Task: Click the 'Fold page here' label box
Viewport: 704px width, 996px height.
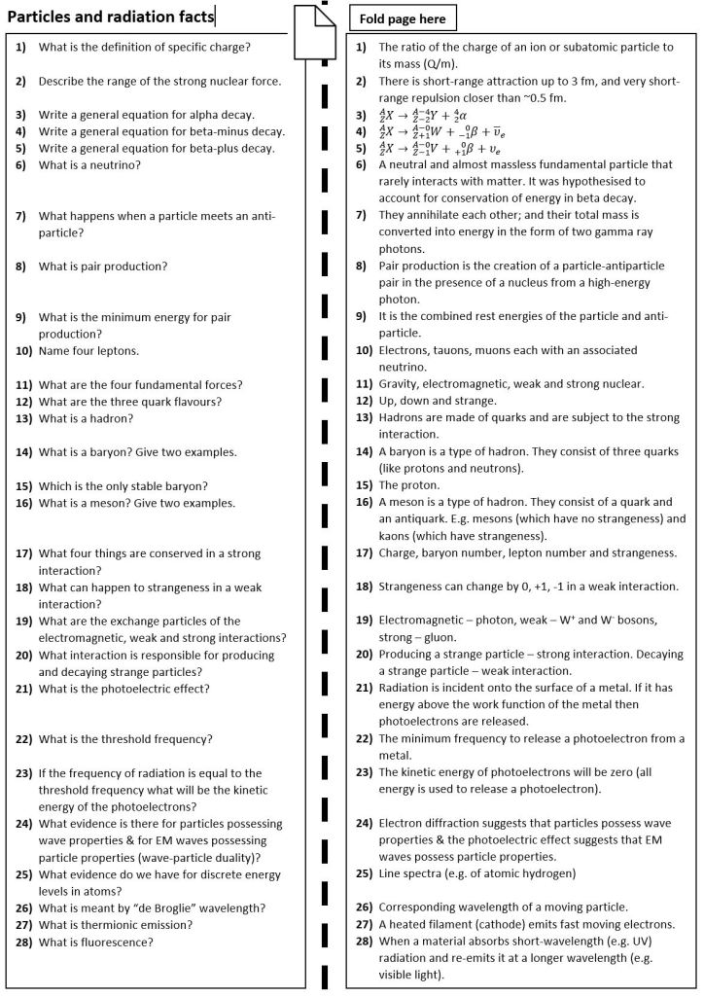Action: pyautogui.click(x=402, y=18)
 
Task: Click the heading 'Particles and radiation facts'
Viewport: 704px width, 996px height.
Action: pyautogui.click(x=111, y=15)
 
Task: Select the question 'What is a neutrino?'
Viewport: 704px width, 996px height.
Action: pyautogui.click(x=89, y=165)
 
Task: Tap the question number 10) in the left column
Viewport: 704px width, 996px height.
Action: pyautogui.click(x=24, y=350)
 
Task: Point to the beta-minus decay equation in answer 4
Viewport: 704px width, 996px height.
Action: pyautogui.click(x=439, y=131)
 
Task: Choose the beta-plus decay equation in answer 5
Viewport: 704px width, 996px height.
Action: pyautogui.click(x=439, y=148)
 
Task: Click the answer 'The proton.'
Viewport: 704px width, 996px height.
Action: pyautogui.click(x=409, y=484)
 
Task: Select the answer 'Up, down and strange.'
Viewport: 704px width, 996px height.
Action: pyautogui.click(x=438, y=400)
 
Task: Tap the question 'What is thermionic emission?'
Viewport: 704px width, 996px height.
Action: pyautogui.click(x=110, y=925)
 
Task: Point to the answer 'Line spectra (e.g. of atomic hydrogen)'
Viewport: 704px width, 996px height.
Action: pyautogui.click(x=476, y=873)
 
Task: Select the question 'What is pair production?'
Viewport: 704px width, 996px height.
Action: pyautogui.click(x=103, y=266)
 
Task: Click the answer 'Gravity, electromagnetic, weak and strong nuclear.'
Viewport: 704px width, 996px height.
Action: pyautogui.click(x=510, y=383)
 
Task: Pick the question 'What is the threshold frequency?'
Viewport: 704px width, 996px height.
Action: pyautogui.click(x=125, y=739)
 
